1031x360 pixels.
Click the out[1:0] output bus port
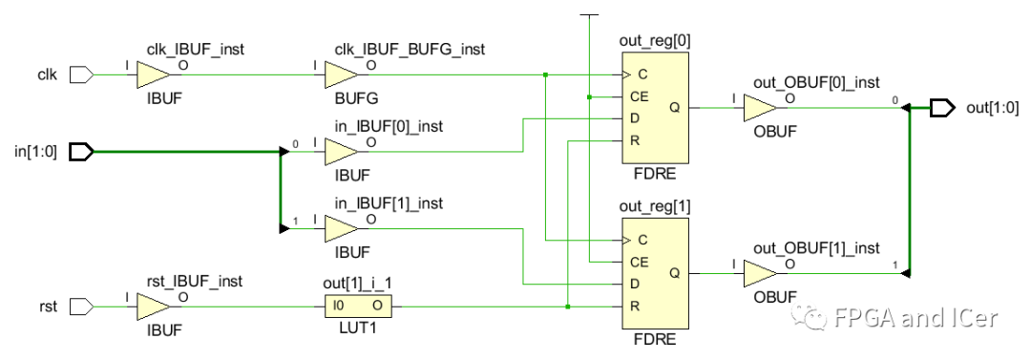(x=942, y=107)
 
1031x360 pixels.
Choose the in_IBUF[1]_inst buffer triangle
(x=340, y=229)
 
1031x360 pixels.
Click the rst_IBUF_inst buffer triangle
(x=152, y=307)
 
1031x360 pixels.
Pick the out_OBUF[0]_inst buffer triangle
(x=760, y=107)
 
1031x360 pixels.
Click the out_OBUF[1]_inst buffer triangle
(x=760, y=273)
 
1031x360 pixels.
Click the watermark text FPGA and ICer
(x=914, y=317)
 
